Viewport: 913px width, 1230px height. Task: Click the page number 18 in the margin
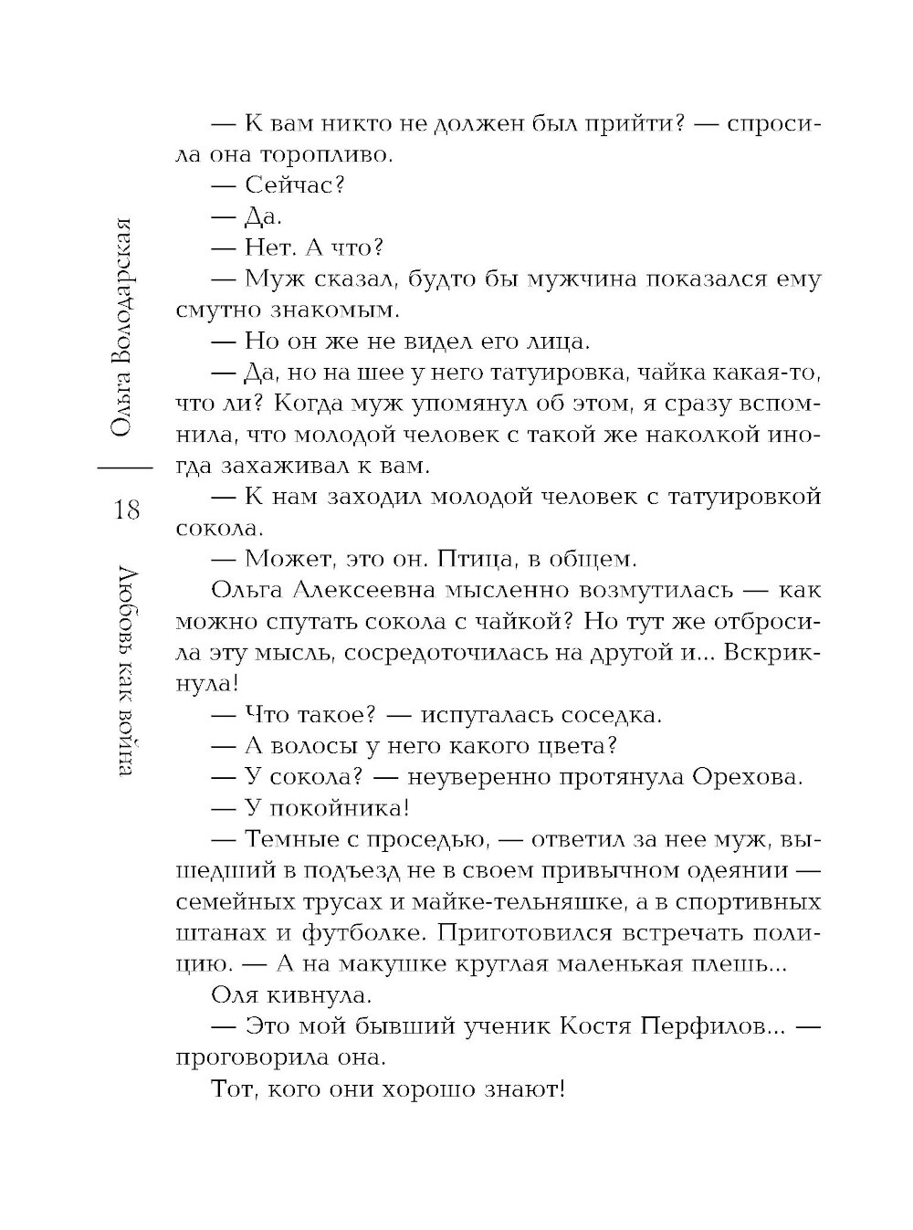pyautogui.click(x=128, y=510)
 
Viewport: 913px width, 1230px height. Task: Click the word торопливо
pyautogui.click(x=314, y=154)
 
